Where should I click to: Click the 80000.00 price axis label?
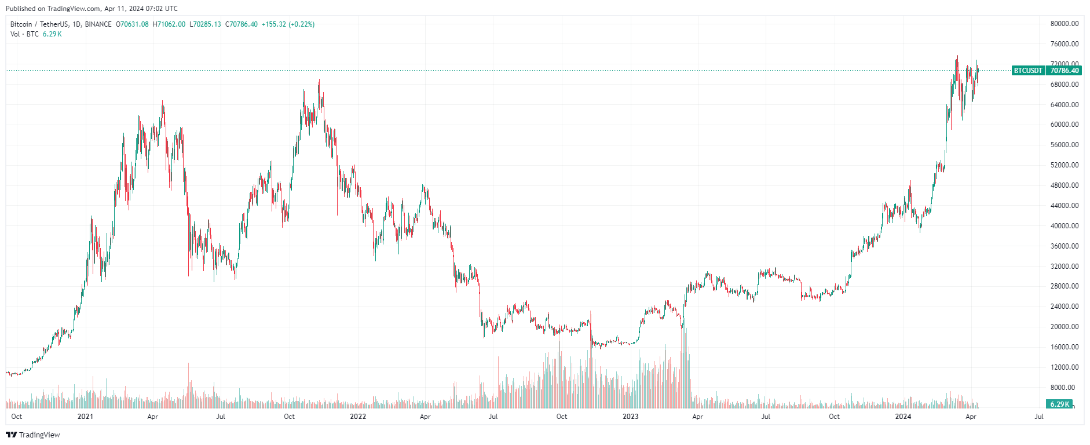(1065, 24)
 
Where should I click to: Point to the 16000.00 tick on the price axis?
(1065, 347)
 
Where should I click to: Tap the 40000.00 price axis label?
(1065, 226)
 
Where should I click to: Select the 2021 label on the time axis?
(85, 417)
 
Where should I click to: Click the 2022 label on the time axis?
(358, 417)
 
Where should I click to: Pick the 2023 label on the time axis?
(630, 417)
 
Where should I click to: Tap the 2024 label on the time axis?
(903, 417)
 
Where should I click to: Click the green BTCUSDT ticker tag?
(1028, 71)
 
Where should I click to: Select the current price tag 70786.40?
(1065, 71)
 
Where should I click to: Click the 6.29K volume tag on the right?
(1059, 404)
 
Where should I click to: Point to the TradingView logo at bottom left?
(33, 435)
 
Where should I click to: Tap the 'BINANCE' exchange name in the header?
(98, 24)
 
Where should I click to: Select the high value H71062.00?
(169, 24)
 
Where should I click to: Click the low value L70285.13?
(205, 24)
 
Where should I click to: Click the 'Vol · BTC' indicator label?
(24, 34)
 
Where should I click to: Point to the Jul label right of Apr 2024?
(1039, 417)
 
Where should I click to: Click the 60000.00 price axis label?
(1065, 125)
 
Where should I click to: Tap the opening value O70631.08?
(132, 24)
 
